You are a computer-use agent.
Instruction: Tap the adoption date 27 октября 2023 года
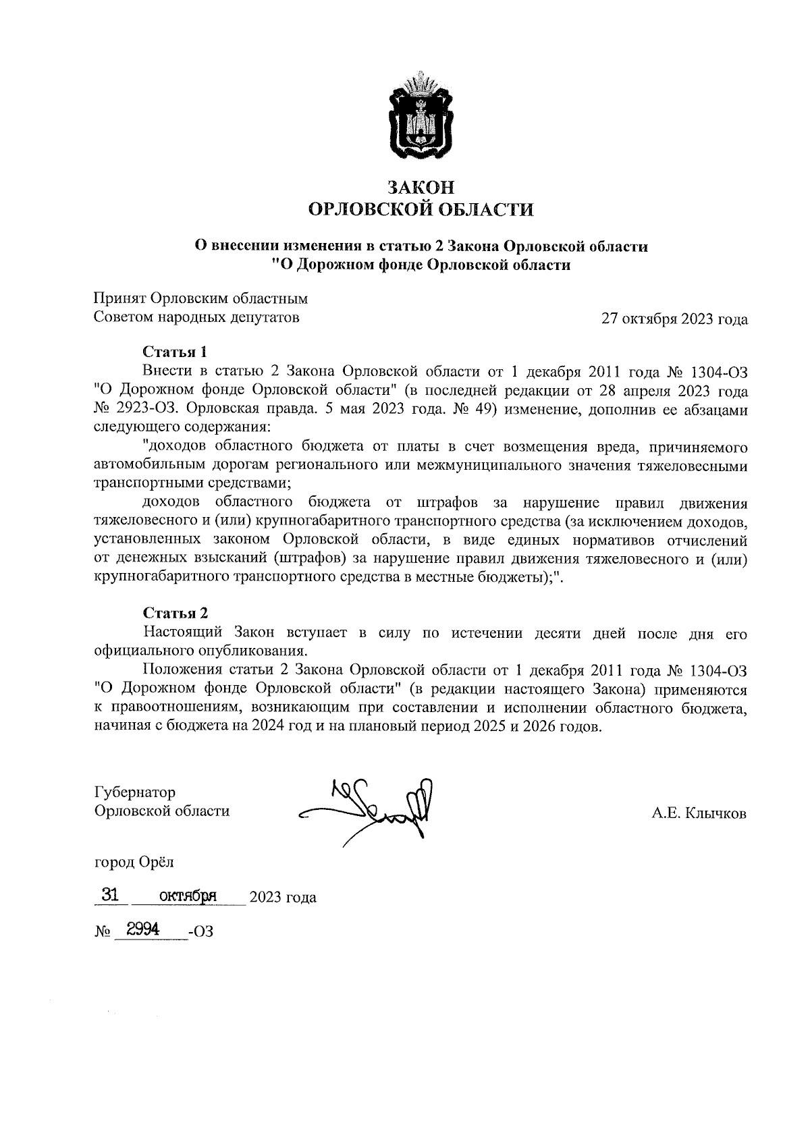click(x=674, y=319)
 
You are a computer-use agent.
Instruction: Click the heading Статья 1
click(x=174, y=352)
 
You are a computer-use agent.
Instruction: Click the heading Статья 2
click(x=175, y=613)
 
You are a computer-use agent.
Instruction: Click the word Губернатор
click(x=135, y=792)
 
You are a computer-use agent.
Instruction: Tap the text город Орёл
click(x=134, y=862)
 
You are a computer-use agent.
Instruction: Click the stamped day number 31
click(x=109, y=896)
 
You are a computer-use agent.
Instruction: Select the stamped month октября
click(x=187, y=896)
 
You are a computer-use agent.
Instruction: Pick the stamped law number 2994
click(x=138, y=930)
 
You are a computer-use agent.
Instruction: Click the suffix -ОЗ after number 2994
click(x=201, y=932)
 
